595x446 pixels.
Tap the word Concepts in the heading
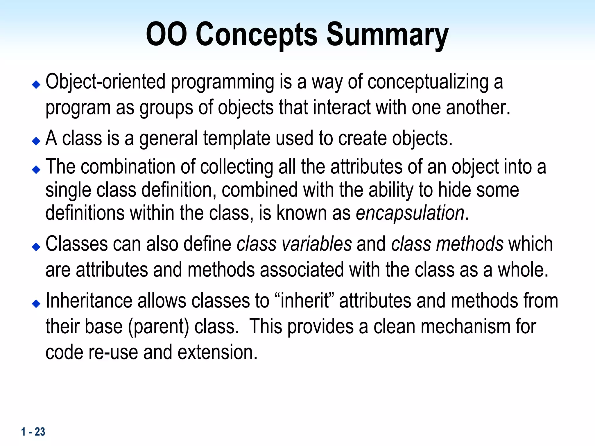(257, 35)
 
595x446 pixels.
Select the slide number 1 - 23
(33, 432)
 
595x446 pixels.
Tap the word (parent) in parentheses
(158, 327)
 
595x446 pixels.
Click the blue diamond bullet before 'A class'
(36, 141)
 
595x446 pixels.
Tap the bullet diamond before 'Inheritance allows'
(36, 304)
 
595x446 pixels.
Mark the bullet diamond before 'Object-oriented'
(36, 85)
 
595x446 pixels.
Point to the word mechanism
(465, 327)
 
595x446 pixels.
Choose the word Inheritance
(89, 301)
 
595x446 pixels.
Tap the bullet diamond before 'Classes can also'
(36, 247)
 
